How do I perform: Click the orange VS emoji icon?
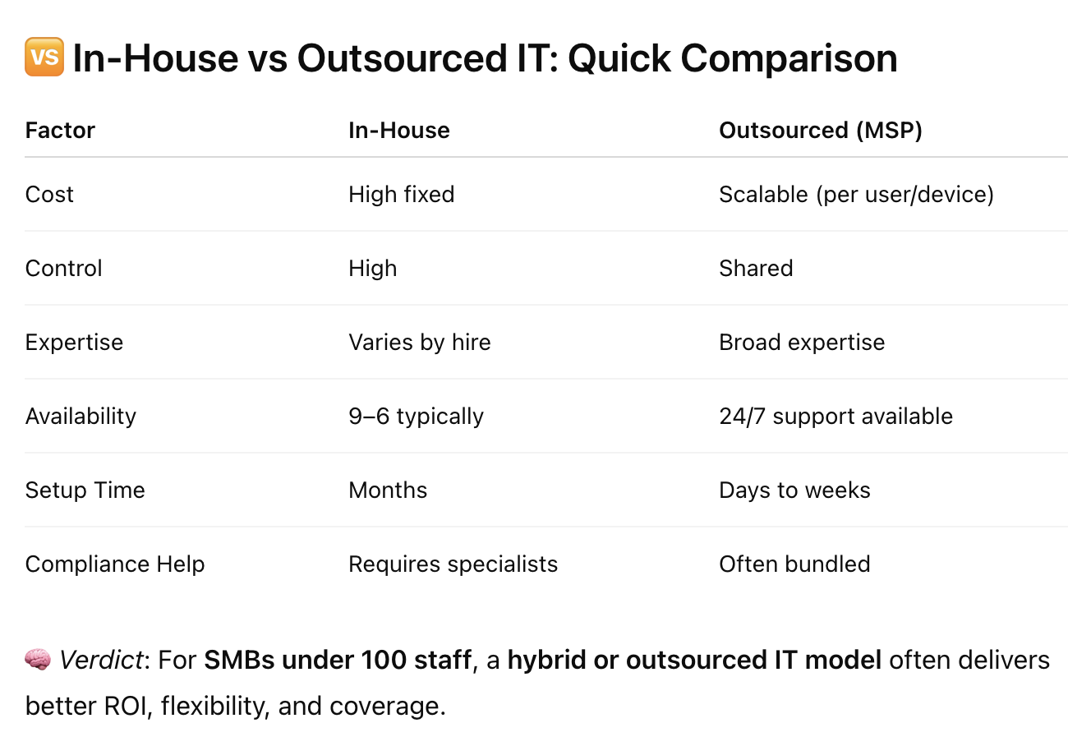point(44,57)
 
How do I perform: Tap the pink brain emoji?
point(38,659)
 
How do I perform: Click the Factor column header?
point(60,130)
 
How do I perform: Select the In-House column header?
point(399,130)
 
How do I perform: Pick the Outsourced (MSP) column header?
point(821,131)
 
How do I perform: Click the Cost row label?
point(49,194)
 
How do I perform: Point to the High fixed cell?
point(402,194)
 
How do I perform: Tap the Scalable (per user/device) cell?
point(856,195)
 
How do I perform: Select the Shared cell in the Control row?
point(756,268)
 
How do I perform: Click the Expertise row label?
point(74,343)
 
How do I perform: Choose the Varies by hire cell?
point(420,343)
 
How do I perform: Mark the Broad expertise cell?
point(802,343)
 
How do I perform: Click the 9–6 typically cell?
point(416,417)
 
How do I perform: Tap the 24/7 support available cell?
point(836,417)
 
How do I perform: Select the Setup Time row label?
point(85,490)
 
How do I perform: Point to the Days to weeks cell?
point(794,490)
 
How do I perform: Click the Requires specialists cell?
point(453,564)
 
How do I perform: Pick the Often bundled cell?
point(794,564)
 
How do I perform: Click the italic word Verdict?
point(101,661)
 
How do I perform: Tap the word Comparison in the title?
point(789,58)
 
